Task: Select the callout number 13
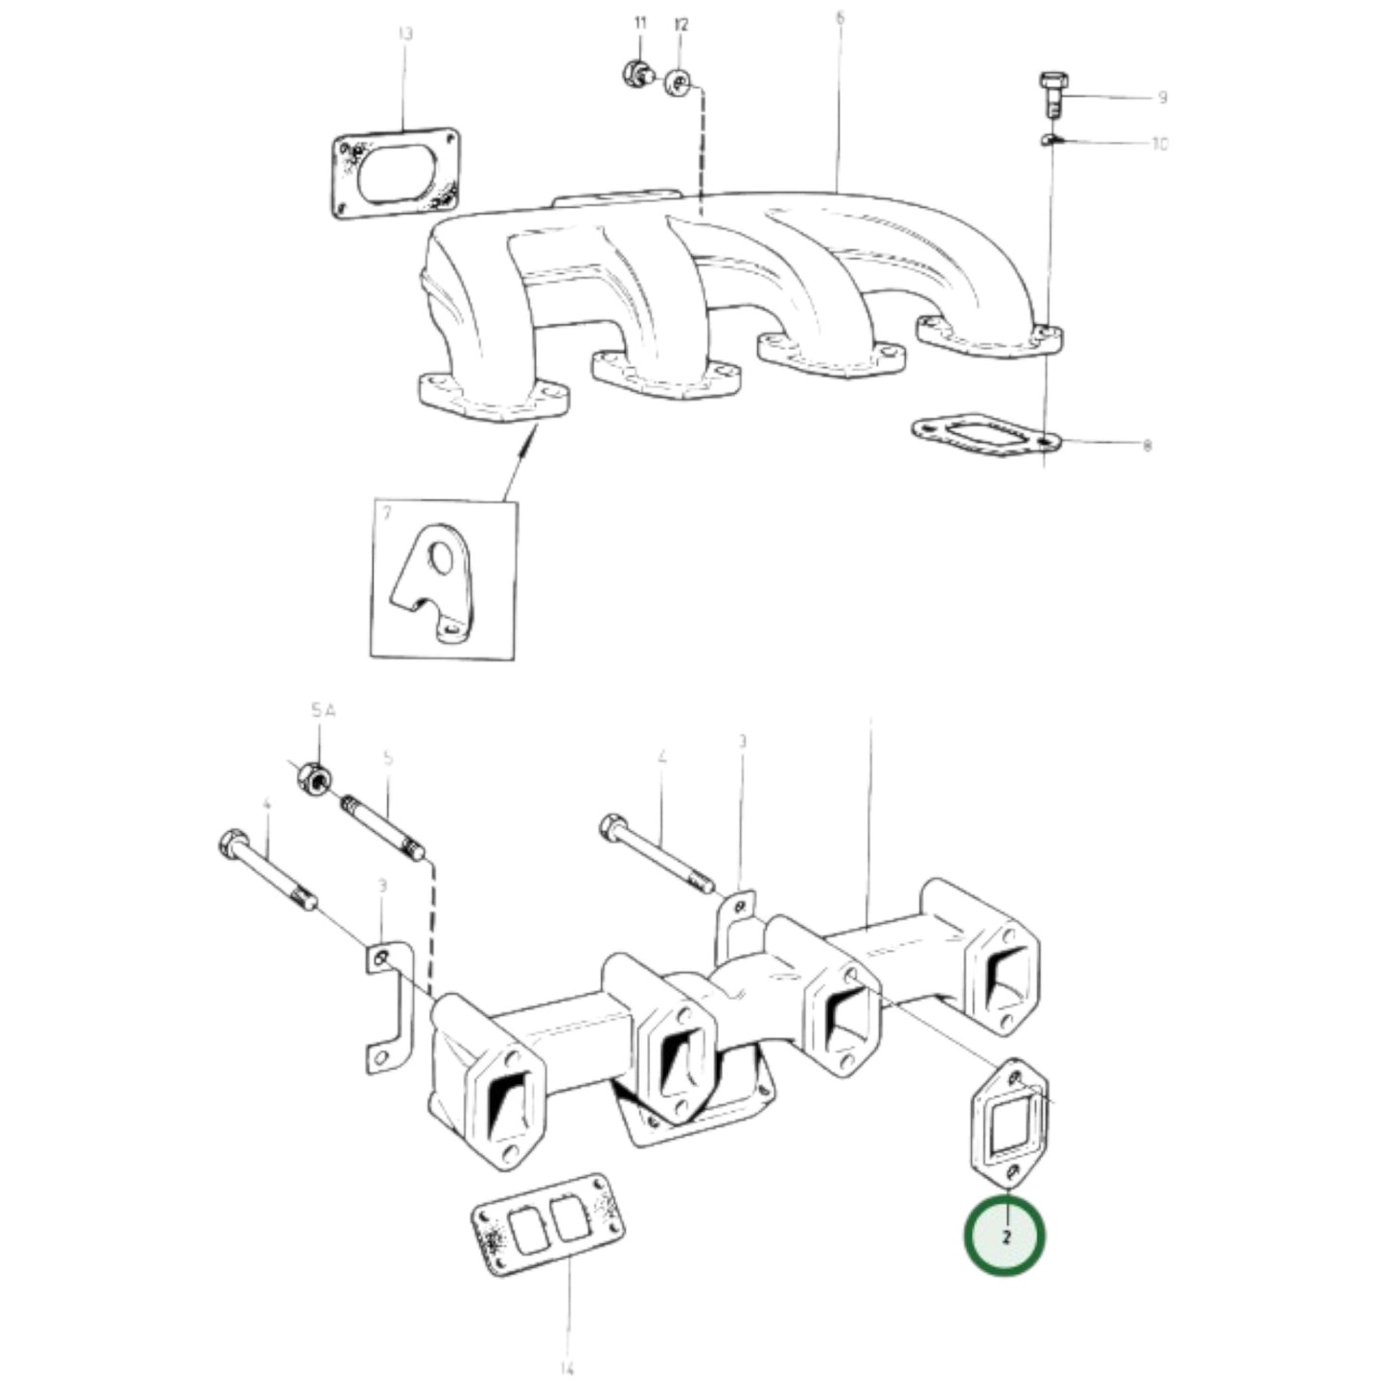404,35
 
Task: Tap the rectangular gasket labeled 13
396,173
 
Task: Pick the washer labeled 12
679,83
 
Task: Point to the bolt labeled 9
1052,93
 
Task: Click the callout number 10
1160,145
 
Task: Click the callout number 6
840,18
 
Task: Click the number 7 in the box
386,514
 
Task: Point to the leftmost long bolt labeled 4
268,872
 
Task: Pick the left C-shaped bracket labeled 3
388,1006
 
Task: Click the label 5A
323,710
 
